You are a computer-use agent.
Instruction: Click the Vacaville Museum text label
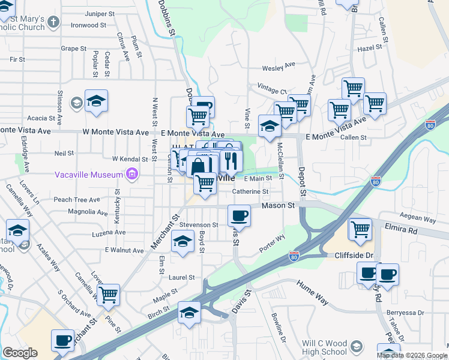(89, 175)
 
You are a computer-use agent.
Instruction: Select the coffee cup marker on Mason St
(239, 215)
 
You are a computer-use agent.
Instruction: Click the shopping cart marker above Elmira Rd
(360, 229)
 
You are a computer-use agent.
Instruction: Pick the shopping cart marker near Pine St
(108, 295)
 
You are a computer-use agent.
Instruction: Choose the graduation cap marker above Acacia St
(96, 102)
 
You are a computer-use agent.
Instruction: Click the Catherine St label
(250, 192)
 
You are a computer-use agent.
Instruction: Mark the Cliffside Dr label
(355, 255)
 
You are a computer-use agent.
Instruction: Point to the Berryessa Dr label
(405, 313)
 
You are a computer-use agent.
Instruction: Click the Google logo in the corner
(20, 353)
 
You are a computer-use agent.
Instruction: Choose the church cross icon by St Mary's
(53, 23)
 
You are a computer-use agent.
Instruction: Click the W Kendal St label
(130, 159)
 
